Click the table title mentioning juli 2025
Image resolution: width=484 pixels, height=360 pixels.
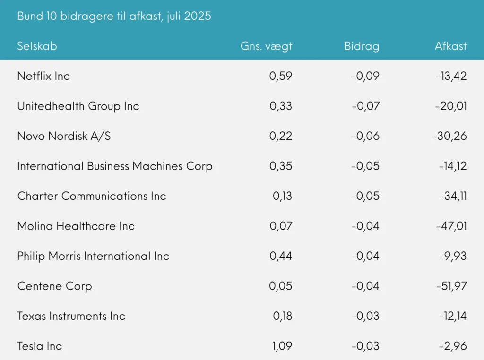114,16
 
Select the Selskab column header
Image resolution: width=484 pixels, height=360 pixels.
37,46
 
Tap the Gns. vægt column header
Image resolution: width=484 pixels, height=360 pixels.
266,46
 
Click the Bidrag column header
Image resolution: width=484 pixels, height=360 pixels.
362,46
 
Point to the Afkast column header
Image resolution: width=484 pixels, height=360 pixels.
450,46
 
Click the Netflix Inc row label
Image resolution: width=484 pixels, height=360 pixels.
43,76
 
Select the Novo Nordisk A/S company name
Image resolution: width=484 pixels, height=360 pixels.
64,136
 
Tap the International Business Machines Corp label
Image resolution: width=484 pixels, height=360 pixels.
115,166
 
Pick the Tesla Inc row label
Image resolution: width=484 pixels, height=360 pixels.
40,346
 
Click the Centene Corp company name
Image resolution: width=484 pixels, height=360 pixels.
54,286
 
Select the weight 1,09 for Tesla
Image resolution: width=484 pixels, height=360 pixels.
282,346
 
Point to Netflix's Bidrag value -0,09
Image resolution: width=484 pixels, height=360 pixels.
365,76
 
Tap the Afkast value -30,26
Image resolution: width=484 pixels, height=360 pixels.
449,136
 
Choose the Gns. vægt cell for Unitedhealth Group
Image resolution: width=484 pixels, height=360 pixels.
281,106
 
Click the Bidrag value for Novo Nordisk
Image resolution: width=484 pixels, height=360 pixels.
365,136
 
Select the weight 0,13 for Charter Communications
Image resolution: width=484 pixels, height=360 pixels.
282,196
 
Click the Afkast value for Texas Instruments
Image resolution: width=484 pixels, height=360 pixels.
451,316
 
